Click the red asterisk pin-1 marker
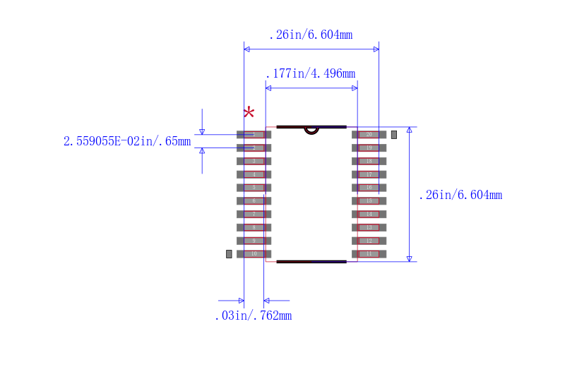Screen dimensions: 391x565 (x=249, y=113)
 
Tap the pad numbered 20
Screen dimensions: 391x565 (x=369, y=134)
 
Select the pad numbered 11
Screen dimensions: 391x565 (x=369, y=253)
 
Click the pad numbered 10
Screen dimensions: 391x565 (x=254, y=253)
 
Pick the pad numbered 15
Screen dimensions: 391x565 (x=369, y=200)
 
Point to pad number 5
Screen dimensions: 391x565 (x=254, y=187)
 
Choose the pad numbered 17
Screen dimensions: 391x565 (x=369, y=174)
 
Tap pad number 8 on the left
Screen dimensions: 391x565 (x=254, y=227)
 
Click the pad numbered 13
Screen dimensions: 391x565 (x=369, y=227)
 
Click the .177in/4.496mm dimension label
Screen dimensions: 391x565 (x=310, y=73)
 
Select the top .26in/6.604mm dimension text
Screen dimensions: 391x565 (x=310, y=35)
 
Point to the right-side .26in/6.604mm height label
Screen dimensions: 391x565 (x=460, y=195)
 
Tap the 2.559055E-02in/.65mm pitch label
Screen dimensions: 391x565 (x=127, y=141)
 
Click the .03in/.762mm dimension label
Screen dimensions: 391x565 (x=253, y=315)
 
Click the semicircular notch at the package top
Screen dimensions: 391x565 (x=311, y=130)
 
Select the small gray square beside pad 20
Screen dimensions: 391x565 (x=394, y=134)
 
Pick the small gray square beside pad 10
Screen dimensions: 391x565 (x=229, y=253)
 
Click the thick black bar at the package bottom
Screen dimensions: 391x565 (x=311, y=261)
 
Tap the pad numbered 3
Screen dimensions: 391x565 (x=254, y=161)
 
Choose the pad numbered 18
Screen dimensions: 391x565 (x=369, y=161)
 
